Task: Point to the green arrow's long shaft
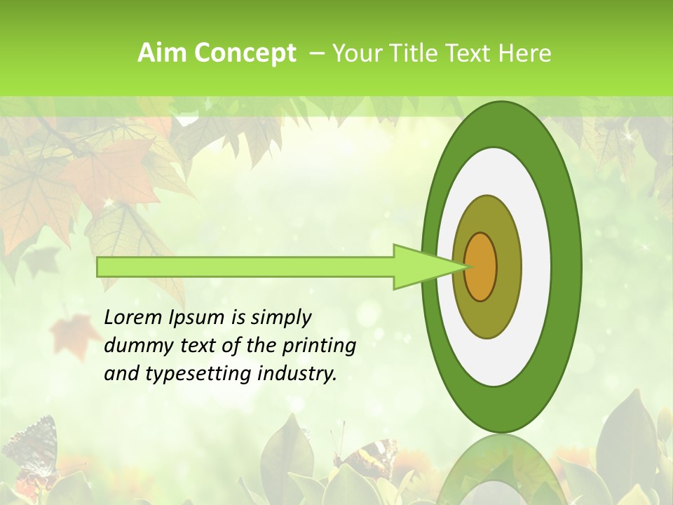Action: click(245, 267)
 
